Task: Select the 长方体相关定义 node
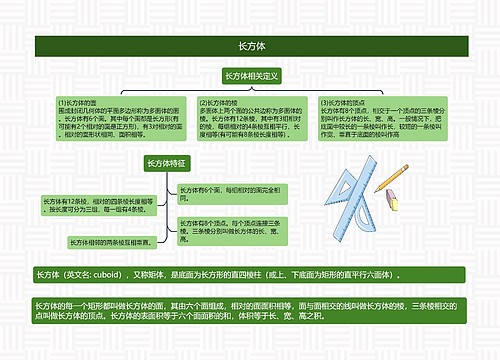click(x=251, y=76)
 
